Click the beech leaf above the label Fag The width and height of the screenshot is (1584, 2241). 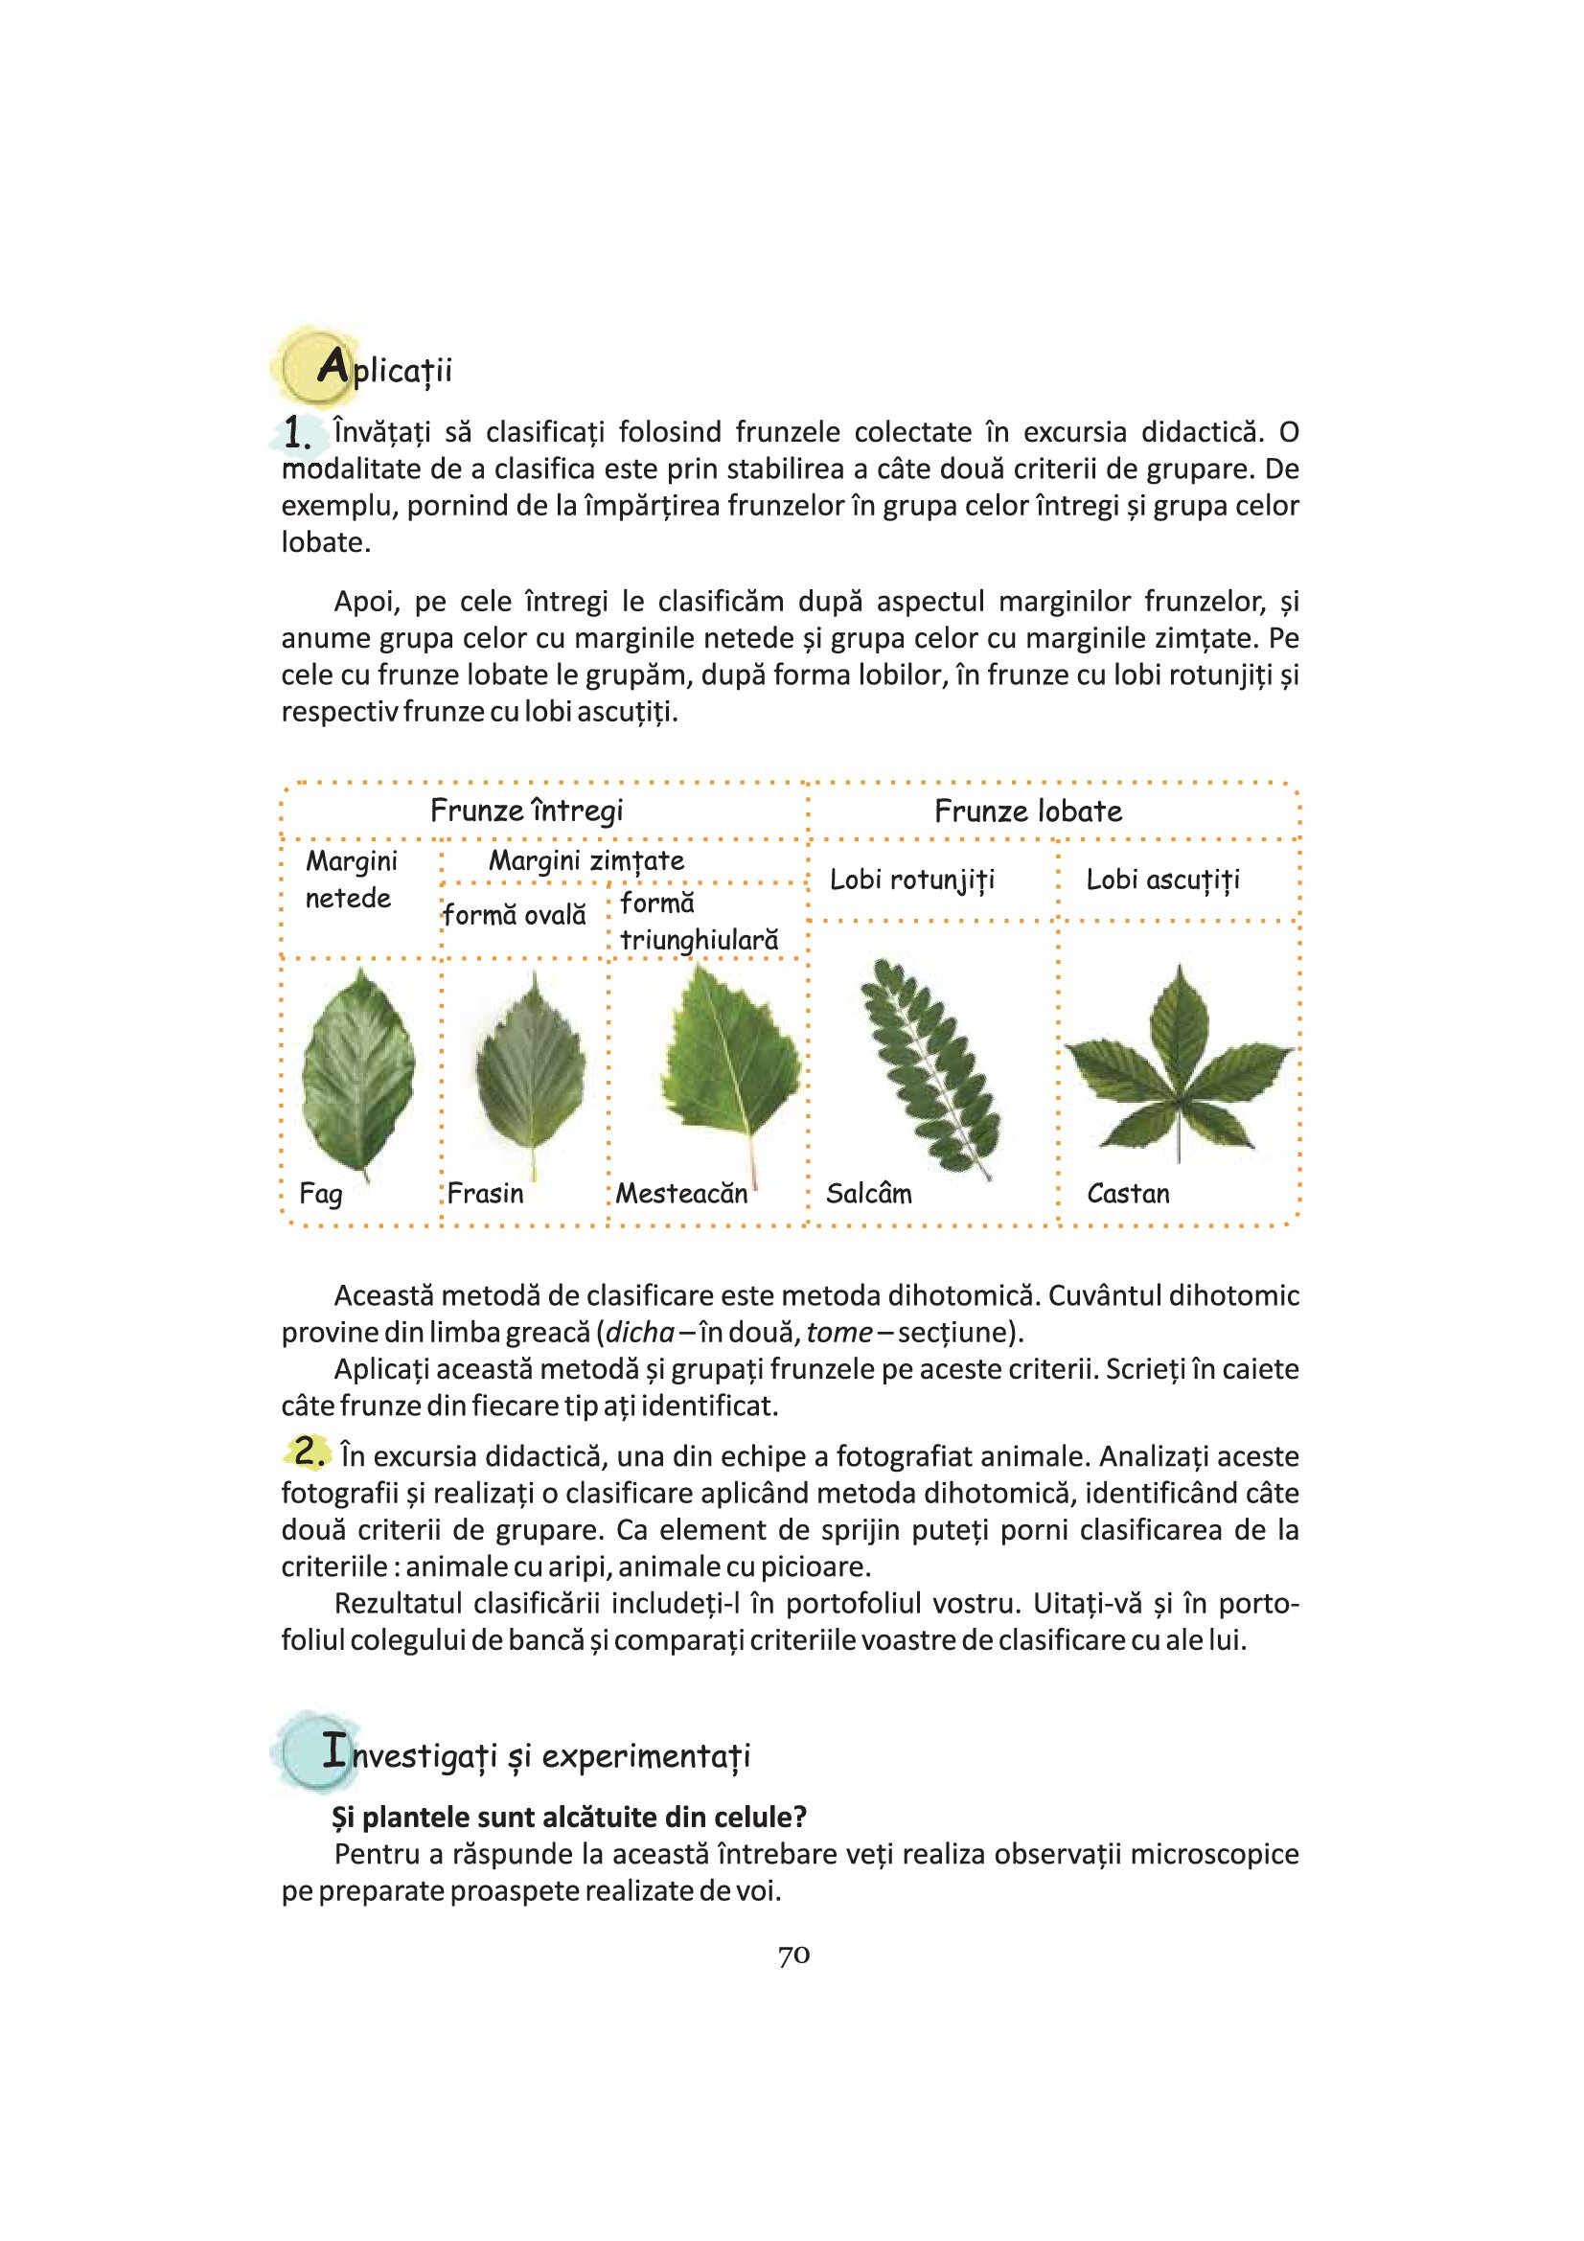358,1072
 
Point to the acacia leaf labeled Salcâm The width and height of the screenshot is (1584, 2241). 930,1065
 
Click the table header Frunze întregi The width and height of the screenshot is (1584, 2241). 526,812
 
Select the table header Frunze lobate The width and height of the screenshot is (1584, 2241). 1027,812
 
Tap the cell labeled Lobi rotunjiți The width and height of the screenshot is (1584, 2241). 911,880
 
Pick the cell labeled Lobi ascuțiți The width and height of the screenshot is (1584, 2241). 1162,880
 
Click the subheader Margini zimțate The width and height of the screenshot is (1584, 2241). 586,861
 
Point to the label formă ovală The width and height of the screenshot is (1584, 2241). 515,916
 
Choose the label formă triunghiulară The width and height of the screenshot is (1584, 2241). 699,923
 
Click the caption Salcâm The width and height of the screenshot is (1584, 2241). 868,1194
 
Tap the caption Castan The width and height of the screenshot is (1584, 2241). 1127,1194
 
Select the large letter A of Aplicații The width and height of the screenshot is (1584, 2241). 332,368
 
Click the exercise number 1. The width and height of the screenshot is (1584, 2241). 298,432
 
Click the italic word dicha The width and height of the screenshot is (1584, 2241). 639,1334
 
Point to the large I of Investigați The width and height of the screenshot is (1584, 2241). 334,1751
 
